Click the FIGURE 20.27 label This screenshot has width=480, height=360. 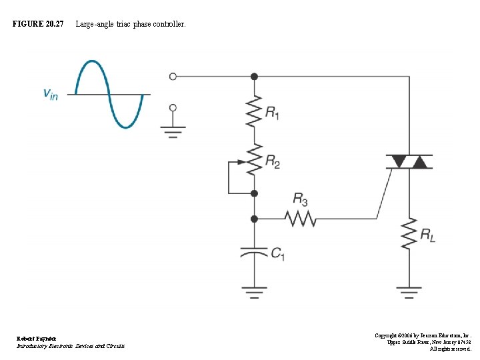point(38,24)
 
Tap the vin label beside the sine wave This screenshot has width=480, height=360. point(51,94)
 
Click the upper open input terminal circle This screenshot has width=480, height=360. point(173,77)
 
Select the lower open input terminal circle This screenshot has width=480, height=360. point(173,107)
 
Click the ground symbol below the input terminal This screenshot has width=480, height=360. point(173,131)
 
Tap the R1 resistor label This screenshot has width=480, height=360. point(272,113)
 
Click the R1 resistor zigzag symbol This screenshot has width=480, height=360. point(253,111)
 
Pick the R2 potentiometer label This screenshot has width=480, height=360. point(272,160)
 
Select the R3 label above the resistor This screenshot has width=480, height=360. point(300,199)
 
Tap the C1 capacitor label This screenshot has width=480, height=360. point(277,253)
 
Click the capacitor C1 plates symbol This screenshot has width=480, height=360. point(253,252)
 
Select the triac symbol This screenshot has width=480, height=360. point(409,161)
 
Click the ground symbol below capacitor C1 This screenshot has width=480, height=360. point(253,291)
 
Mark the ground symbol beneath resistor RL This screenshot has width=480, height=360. point(409,291)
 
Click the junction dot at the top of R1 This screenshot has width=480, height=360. point(253,77)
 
